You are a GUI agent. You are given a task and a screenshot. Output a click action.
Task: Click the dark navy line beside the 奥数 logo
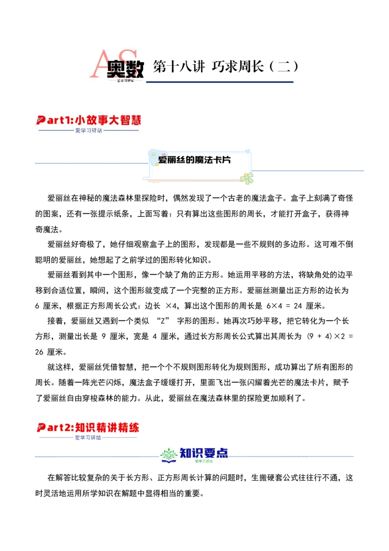pos(221,82)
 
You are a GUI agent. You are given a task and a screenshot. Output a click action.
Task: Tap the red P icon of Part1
pos(41,120)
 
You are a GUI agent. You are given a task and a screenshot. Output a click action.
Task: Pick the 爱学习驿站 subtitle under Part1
pos(88,130)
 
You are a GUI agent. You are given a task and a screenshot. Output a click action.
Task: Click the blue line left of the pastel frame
pos(90,164)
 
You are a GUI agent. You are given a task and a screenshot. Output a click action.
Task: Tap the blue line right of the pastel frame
pos(309,169)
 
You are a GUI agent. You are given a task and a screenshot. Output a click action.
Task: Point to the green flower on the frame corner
pos(248,178)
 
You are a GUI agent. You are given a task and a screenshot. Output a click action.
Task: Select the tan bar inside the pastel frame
pos(176,165)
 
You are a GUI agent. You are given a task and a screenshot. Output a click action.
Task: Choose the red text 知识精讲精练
pos(107,427)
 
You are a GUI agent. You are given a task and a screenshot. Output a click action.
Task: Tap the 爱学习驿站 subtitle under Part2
pos(88,438)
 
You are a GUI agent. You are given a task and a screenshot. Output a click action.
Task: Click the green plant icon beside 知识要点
pos(168,456)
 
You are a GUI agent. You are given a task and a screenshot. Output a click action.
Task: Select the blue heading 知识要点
pos(204,453)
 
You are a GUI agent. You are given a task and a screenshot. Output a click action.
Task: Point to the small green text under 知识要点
pos(204,461)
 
